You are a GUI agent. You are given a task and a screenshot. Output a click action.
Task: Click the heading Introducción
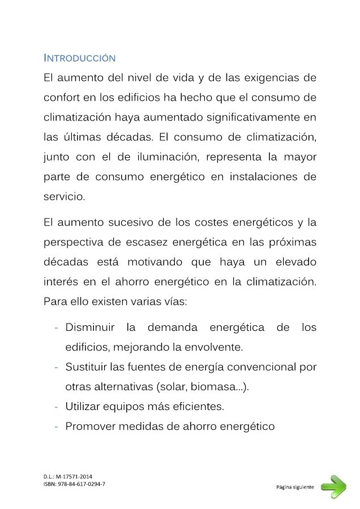click(x=79, y=58)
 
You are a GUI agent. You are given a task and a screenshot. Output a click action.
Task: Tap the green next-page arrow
click(x=333, y=486)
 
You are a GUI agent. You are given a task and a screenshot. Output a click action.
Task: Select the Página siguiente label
click(x=295, y=486)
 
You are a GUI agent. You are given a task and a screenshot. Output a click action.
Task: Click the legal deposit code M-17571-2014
click(x=74, y=477)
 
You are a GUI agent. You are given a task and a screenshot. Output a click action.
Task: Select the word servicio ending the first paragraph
click(x=64, y=197)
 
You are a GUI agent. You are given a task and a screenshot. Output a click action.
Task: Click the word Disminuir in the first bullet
click(x=90, y=327)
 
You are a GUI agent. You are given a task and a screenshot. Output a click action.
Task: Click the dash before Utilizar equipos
click(x=57, y=407)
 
